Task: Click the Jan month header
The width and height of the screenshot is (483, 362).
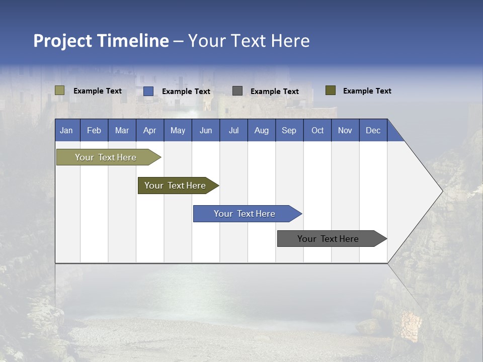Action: coord(67,130)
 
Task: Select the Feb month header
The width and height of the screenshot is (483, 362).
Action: coord(94,130)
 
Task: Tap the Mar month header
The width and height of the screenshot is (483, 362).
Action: coord(122,130)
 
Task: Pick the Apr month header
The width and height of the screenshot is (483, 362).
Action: coord(149,130)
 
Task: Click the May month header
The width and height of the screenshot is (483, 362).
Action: coord(178,130)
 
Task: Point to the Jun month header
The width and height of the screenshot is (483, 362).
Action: coord(206,130)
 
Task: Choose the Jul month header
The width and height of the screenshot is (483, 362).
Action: coord(233,130)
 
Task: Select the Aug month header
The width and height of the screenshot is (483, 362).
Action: coord(262,130)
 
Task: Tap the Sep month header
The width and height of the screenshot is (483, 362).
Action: coord(289,130)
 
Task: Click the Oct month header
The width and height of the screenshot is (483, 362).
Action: coord(317,130)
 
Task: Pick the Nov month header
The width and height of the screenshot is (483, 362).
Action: coord(345,130)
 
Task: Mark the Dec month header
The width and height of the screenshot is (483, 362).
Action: coord(373,130)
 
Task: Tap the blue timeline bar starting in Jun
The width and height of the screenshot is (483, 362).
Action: coord(245,214)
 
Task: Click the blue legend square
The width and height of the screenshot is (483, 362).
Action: coord(148,91)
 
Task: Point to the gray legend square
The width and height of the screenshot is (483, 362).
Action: coord(237,91)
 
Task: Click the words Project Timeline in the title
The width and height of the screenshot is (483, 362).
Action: coord(101,41)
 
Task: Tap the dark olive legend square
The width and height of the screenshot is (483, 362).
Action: coord(331,90)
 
